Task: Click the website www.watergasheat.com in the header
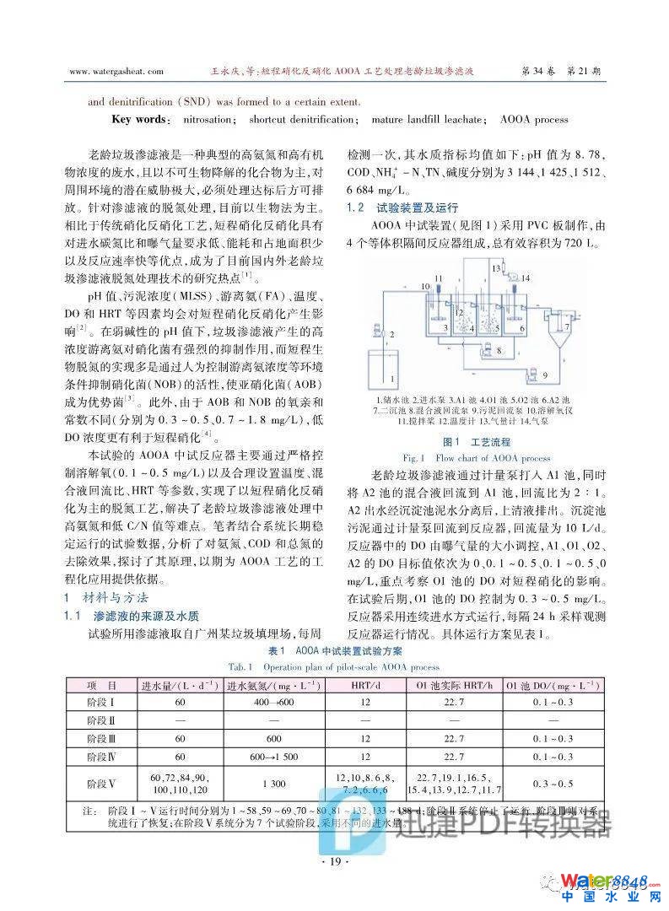pos(118,72)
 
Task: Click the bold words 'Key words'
pos(139,120)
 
